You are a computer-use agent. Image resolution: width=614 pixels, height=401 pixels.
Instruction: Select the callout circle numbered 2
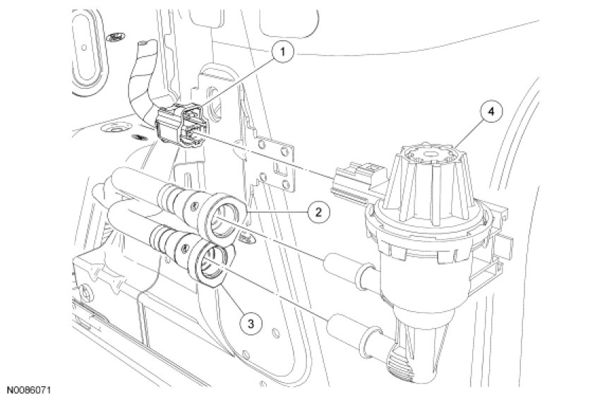point(318,212)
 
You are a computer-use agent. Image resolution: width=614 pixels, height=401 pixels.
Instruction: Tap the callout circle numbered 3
point(251,323)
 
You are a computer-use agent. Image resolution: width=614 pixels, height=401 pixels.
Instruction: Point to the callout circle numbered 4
point(490,112)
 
